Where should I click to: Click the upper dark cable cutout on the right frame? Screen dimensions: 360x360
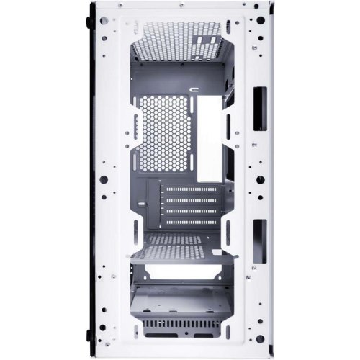click(x=259, y=100)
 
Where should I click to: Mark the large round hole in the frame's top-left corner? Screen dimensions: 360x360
click(x=105, y=22)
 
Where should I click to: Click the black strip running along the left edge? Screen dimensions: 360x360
click(x=90, y=180)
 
